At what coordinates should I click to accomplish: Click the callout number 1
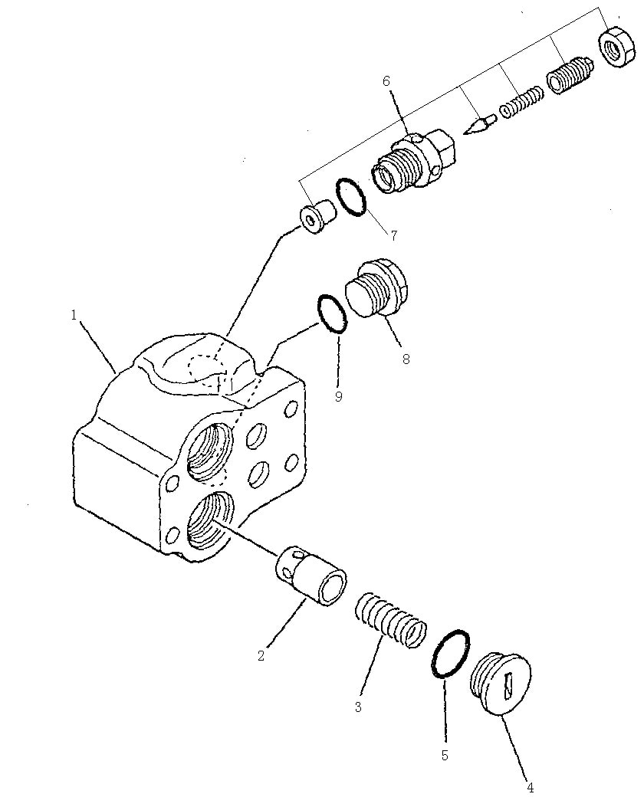(74, 315)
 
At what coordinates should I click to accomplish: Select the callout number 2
(261, 656)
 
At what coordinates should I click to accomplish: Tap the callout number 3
(358, 707)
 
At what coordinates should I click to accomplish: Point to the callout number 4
(531, 787)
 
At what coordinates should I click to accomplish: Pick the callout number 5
(445, 756)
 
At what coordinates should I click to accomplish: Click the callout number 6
(386, 80)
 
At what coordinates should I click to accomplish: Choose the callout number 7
(394, 236)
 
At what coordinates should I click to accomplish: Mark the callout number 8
(406, 359)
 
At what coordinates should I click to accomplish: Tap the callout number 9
(338, 397)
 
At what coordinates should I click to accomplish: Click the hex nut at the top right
(616, 47)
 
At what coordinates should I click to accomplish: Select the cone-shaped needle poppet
(479, 125)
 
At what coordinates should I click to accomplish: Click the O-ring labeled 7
(351, 197)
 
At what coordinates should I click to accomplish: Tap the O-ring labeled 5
(451, 653)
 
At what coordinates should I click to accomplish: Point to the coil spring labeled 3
(391, 620)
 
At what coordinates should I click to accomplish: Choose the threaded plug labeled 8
(377, 287)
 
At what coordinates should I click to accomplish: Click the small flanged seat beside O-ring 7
(317, 217)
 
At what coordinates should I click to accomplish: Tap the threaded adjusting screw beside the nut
(570, 77)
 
